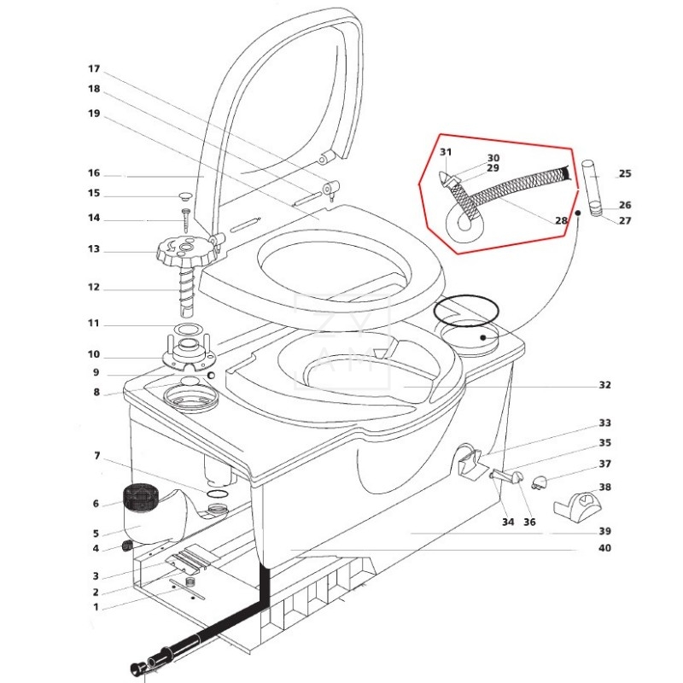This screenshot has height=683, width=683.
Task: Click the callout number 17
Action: click(94, 68)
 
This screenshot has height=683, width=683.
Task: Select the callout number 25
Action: click(625, 174)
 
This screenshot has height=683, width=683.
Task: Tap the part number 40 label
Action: click(604, 548)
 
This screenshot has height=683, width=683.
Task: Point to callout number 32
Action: click(604, 385)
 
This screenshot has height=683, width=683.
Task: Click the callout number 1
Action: click(96, 607)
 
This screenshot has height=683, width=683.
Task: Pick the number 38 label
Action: click(605, 487)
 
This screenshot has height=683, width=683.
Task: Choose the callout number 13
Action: click(94, 249)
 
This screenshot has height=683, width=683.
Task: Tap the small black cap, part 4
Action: click(126, 546)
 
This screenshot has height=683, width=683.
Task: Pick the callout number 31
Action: click(445, 153)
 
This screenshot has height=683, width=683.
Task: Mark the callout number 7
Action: click(97, 455)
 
